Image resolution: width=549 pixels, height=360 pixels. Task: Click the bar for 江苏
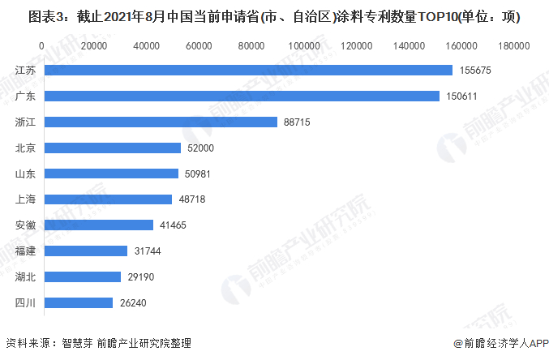pos(248,70)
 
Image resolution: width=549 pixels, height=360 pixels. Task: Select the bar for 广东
pos(242,96)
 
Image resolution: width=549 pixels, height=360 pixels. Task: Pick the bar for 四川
pos(79,302)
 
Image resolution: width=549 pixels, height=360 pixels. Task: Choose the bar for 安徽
pos(99,225)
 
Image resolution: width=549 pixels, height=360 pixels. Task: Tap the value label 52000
pos(200,148)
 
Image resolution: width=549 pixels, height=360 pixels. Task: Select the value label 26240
pos(132,303)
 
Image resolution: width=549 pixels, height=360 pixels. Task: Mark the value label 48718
pos(191,199)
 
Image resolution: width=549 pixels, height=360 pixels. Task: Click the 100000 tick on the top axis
pos(304,46)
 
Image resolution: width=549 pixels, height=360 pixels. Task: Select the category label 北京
pos(25,148)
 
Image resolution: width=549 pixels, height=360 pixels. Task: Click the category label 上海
pos(25,199)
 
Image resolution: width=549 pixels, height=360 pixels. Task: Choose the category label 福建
pos(25,251)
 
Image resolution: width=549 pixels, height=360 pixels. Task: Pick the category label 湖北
pos(25,276)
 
